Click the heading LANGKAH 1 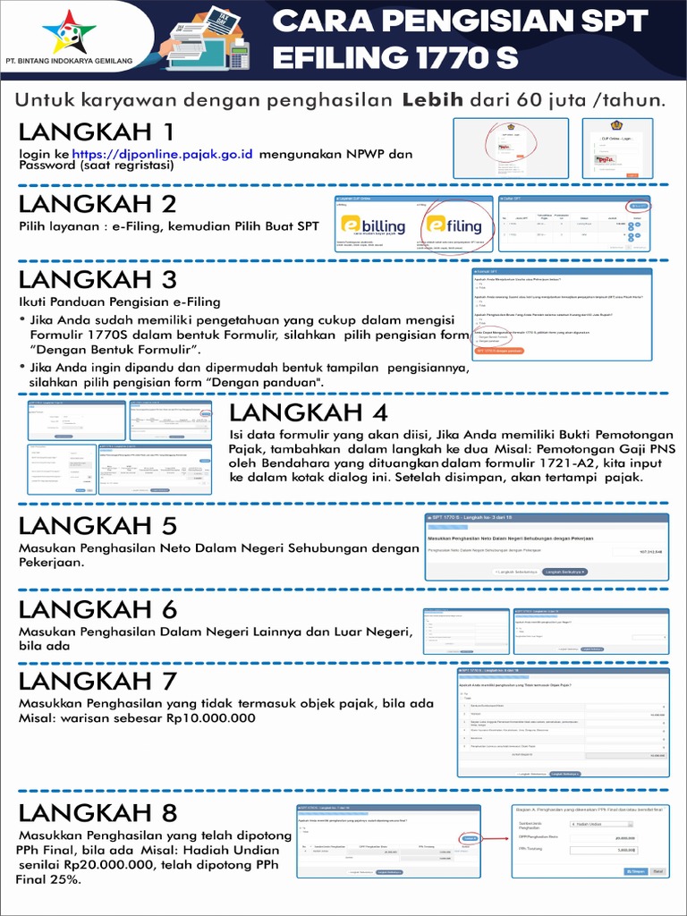pyautogui.click(x=98, y=132)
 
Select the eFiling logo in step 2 pyautogui.click(x=453, y=225)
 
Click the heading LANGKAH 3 pyautogui.click(x=98, y=279)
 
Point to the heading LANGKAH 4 pyautogui.click(x=309, y=412)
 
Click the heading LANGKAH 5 pyautogui.click(x=98, y=525)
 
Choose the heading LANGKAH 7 pyautogui.click(x=98, y=681)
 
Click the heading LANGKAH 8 pyautogui.click(x=98, y=813)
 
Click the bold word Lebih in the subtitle pyautogui.click(x=432, y=99)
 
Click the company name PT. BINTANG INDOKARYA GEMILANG pyautogui.click(x=68, y=61)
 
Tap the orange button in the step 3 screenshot pyautogui.click(x=499, y=351)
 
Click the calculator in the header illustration pyautogui.click(x=238, y=56)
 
